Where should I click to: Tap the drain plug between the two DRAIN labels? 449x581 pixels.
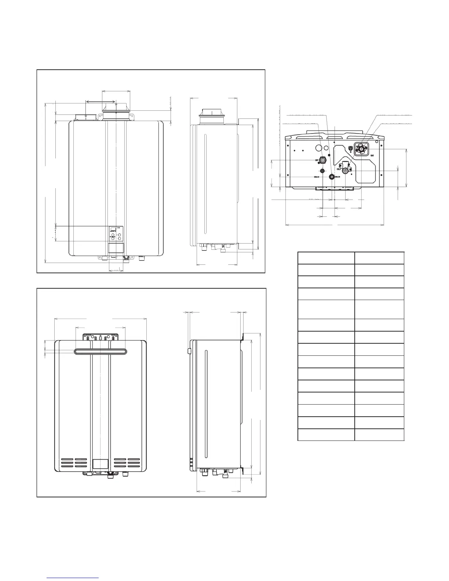pos(332,177)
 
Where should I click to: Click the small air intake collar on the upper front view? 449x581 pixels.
pos(85,117)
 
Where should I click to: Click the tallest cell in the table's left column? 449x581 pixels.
pos(326,309)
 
